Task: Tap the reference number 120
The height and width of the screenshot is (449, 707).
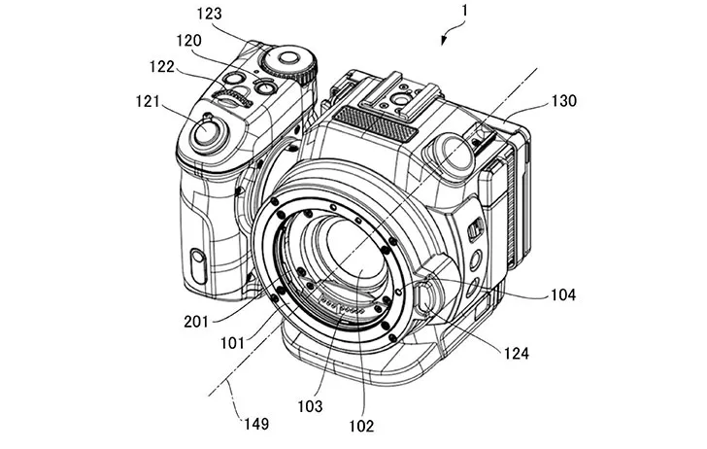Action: click(189, 41)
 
